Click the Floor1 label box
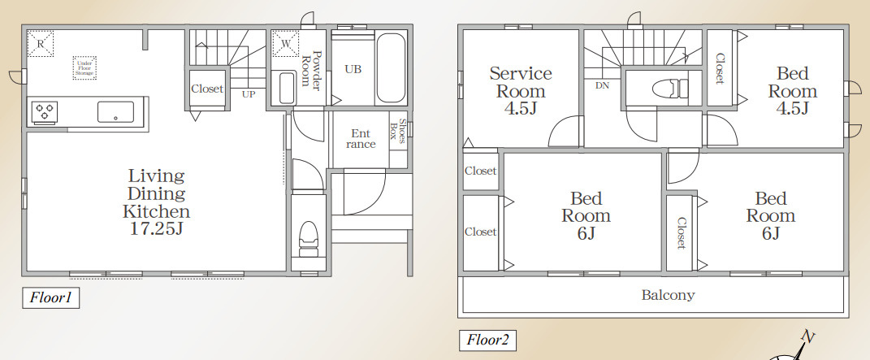point(50,298)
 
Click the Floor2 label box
point(487,340)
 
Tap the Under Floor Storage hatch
point(84,67)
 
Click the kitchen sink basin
point(115,111)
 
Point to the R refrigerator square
point(41,43)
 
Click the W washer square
point(286,43)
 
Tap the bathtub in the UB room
point(391,67)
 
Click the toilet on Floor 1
point(309,239)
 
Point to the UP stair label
point(248,94)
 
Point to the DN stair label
point(602,85)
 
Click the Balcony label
point(668,294)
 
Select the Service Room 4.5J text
point(521,90)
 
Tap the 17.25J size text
point(156,228)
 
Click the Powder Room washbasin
point(287,88)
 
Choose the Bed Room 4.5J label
point(792,90)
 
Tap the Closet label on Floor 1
point(207,89)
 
